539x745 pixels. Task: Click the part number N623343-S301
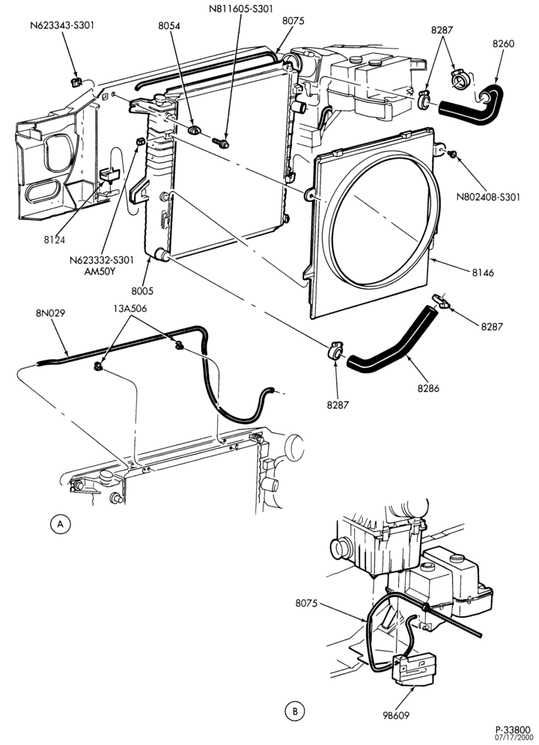[x=62, y=25]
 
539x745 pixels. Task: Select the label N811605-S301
[x=241, y=8]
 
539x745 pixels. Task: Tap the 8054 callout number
[x=169, y=25]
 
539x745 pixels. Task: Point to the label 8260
[x=503, y=43]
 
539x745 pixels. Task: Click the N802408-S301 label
[x=488, y=197]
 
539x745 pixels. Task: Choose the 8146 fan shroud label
[x=483, y=273]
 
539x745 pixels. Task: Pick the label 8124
[x=55, y=240]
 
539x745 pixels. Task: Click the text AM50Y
[x=101, y=272]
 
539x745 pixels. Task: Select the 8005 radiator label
[x=142, y=291]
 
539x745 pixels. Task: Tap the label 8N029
[x=50, y=313]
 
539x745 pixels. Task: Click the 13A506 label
[x=130, y=308]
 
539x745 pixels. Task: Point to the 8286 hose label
[x=429, y=388]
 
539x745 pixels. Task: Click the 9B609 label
[x=395, y=714]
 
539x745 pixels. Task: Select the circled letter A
[x=60, y=524]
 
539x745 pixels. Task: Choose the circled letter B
[x=294, y=712]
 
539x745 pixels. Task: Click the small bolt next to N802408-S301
[x=452, y=154]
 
